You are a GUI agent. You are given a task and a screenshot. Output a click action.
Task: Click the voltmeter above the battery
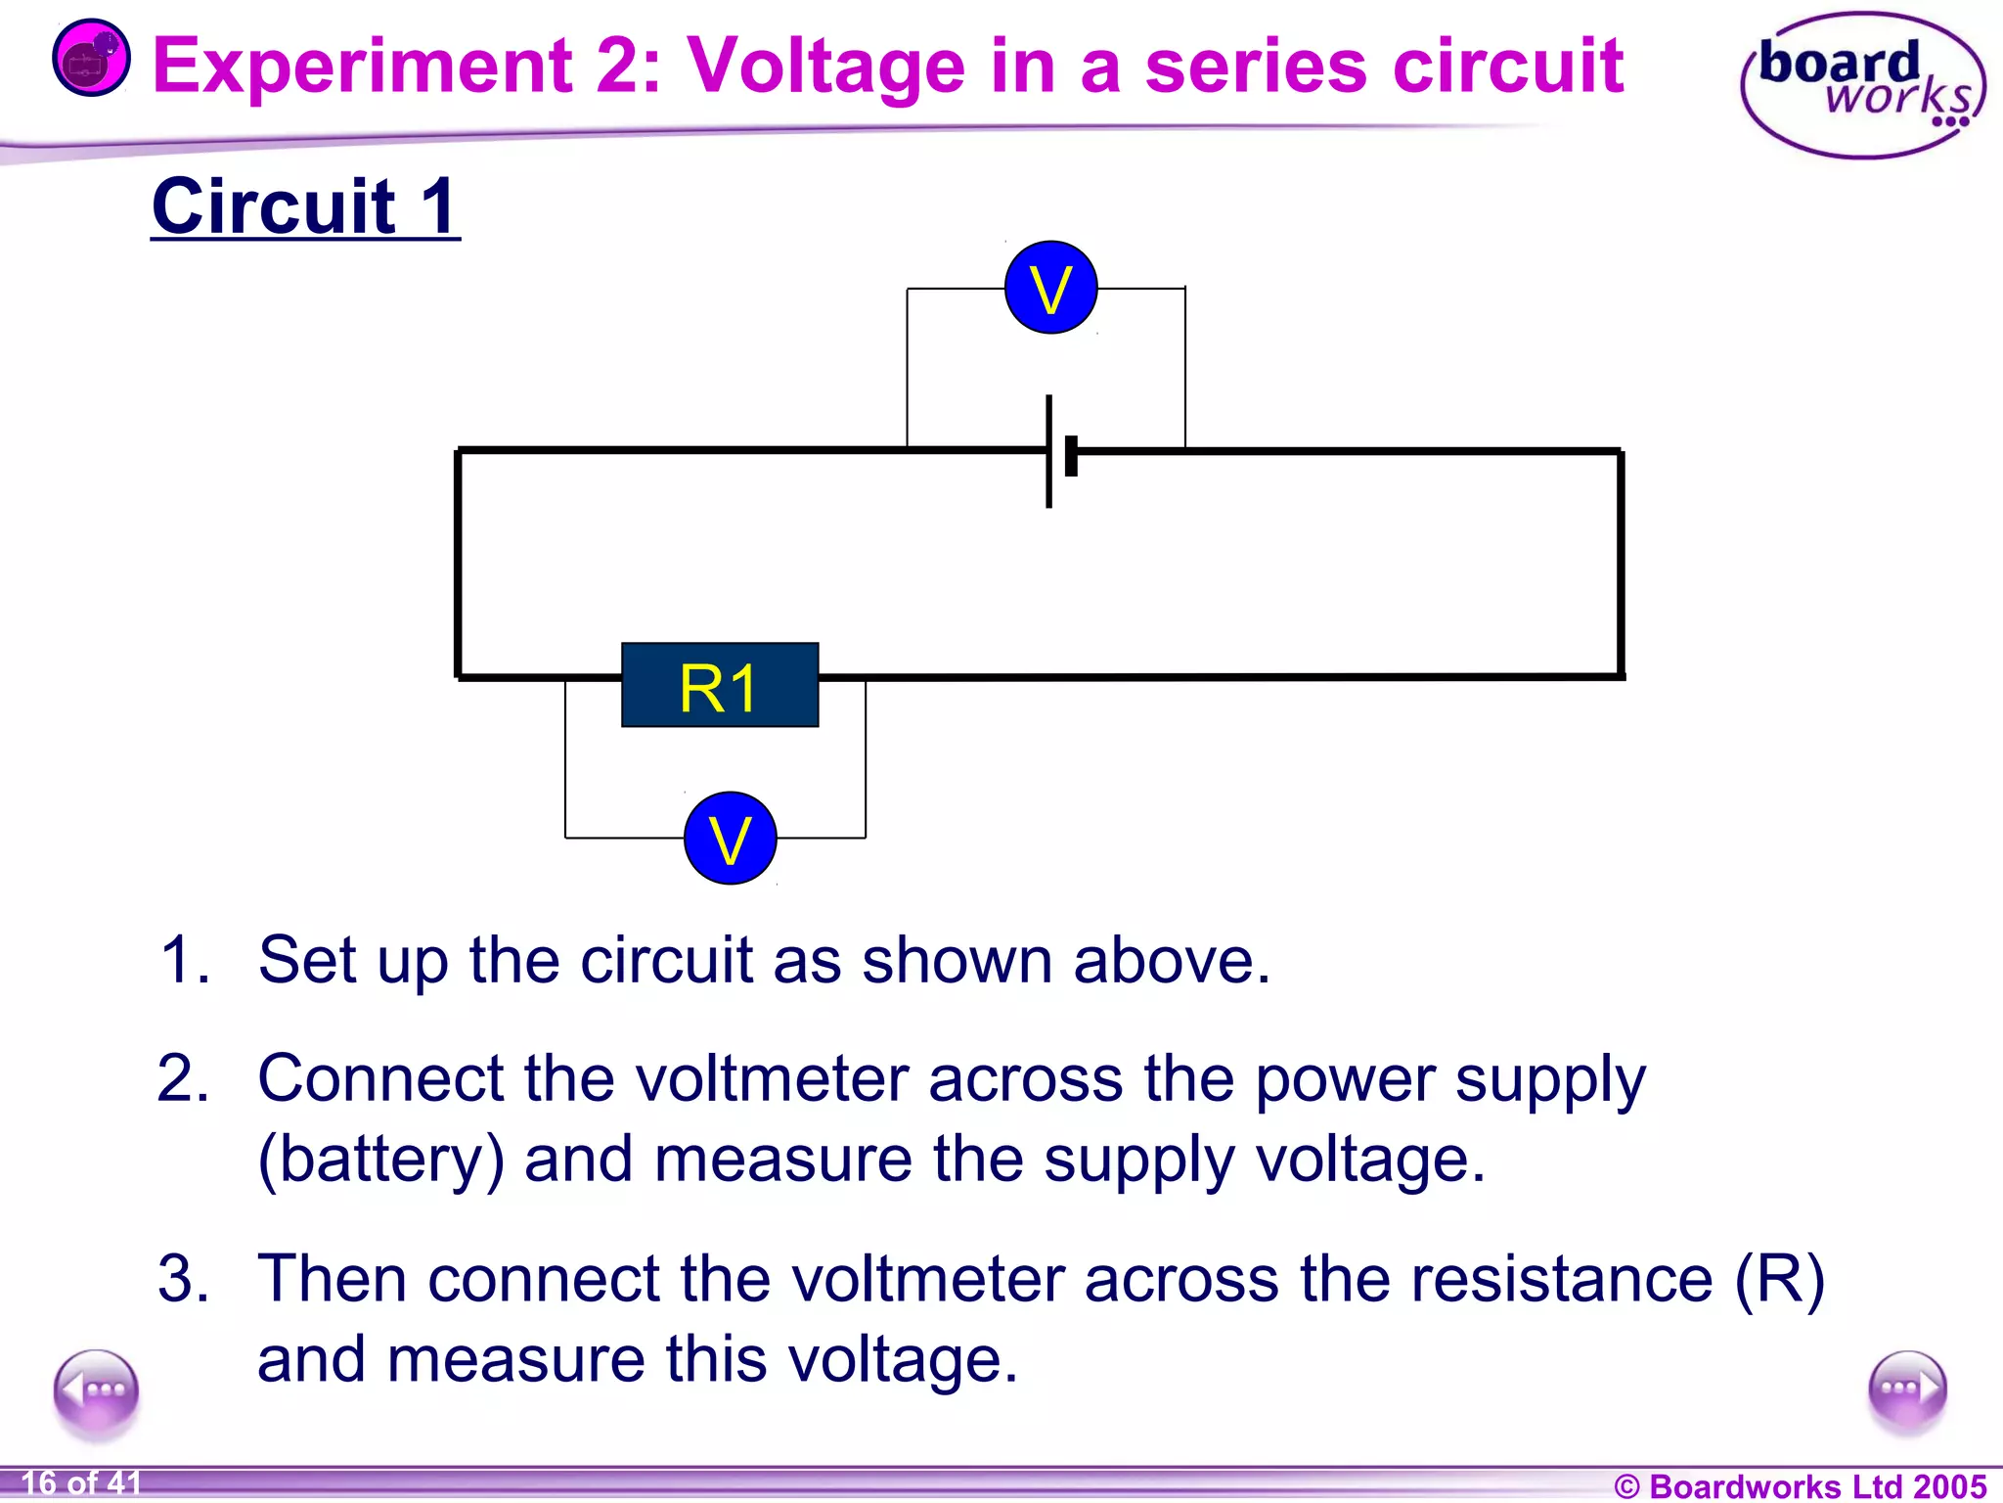point(1050,288)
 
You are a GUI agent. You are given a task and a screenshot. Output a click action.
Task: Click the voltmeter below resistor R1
point(730,839)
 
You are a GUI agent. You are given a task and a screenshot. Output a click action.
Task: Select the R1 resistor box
point(720,685)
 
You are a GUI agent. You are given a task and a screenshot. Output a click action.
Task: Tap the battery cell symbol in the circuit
point(1059,452)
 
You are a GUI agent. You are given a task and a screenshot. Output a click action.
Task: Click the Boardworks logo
point(1862,86)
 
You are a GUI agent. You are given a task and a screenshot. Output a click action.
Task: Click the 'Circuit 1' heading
point(305,206)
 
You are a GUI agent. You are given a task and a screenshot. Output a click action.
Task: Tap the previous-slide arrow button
point(96,1390)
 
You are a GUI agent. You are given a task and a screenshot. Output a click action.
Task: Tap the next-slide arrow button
point(1906,1390)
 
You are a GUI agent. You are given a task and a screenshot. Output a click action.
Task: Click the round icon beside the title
point(91,59)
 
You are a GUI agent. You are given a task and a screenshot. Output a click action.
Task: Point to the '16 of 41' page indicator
point(81,1483)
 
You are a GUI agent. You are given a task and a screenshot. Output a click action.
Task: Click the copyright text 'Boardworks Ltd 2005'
point(1801,1486)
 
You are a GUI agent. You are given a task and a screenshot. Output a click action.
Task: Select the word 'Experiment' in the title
point(362,67)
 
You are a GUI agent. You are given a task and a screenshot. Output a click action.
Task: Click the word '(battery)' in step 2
point(380,1161)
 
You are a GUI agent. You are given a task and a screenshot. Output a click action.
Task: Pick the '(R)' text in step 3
point(1779,1279)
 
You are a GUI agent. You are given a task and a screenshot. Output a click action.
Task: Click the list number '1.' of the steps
point(184,959)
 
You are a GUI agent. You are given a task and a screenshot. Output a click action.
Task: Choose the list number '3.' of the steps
point(184,1279)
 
